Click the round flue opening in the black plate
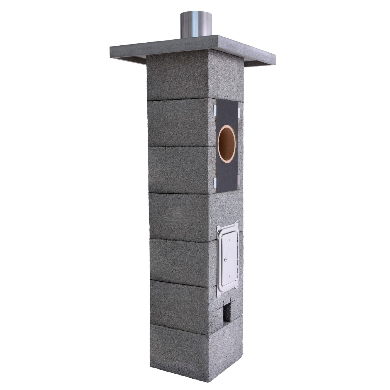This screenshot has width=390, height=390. tap(227, 144)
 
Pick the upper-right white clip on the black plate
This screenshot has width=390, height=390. tap(239, 111)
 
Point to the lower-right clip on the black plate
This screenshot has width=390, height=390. tap(239, 180)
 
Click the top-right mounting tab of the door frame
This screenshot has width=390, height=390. tap(237, 223)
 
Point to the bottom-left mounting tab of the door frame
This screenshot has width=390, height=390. tap(219, 295)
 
